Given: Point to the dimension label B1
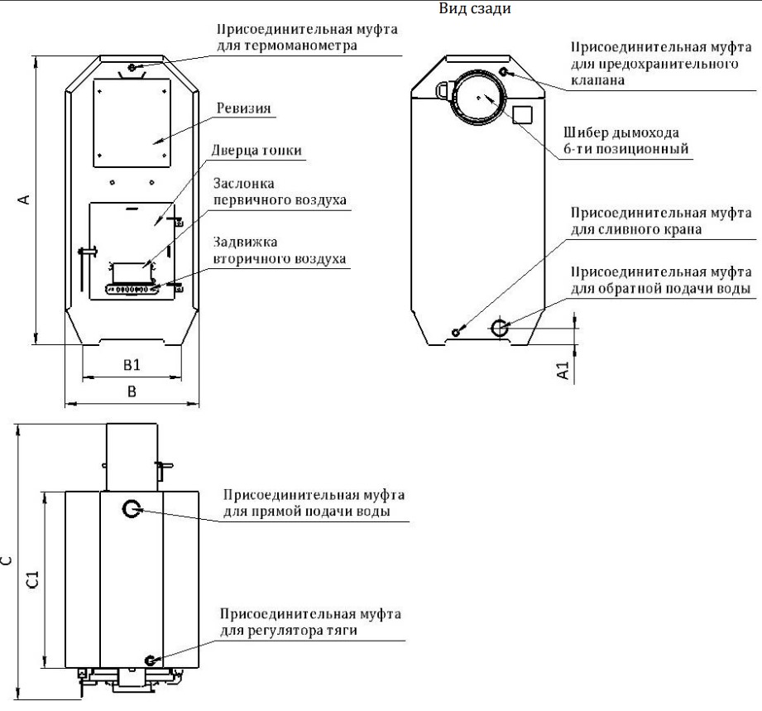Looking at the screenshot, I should click(131, 364).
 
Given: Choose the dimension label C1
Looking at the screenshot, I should click(31, 578).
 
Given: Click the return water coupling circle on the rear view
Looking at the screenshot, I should click(501, 328).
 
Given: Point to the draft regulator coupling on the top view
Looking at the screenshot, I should click(150, 660).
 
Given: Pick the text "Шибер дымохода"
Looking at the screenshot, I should click(610, 133).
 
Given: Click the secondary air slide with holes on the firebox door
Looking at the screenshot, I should click(132, 290).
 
